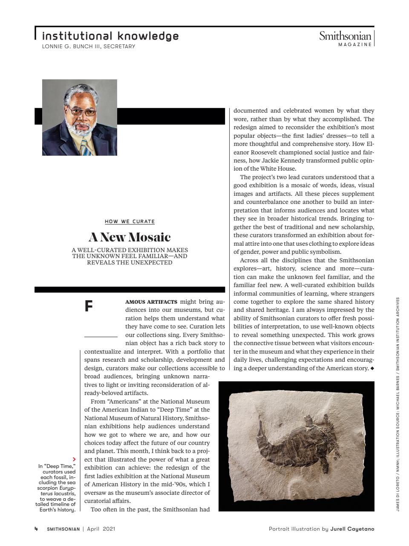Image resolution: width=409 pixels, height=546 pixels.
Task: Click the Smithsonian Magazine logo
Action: point(346,38)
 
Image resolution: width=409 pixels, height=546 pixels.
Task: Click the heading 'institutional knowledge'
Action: point(110,36)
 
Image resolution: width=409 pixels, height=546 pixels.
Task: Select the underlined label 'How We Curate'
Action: point(130,221)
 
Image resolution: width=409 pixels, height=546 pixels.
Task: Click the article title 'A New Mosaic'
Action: point(130,237)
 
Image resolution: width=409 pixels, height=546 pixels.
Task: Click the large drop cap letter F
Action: point(89,306)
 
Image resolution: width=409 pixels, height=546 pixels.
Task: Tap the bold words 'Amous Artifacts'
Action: point(151,302)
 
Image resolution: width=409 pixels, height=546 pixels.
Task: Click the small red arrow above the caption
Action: point(74,459)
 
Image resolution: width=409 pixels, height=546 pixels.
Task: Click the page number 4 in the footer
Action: point(36,529)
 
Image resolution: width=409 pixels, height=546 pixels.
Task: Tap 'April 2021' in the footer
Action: point(101,529)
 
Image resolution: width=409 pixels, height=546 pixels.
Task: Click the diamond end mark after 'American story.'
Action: point(372,368)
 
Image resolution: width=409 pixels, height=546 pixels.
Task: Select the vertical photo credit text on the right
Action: point(398,405)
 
